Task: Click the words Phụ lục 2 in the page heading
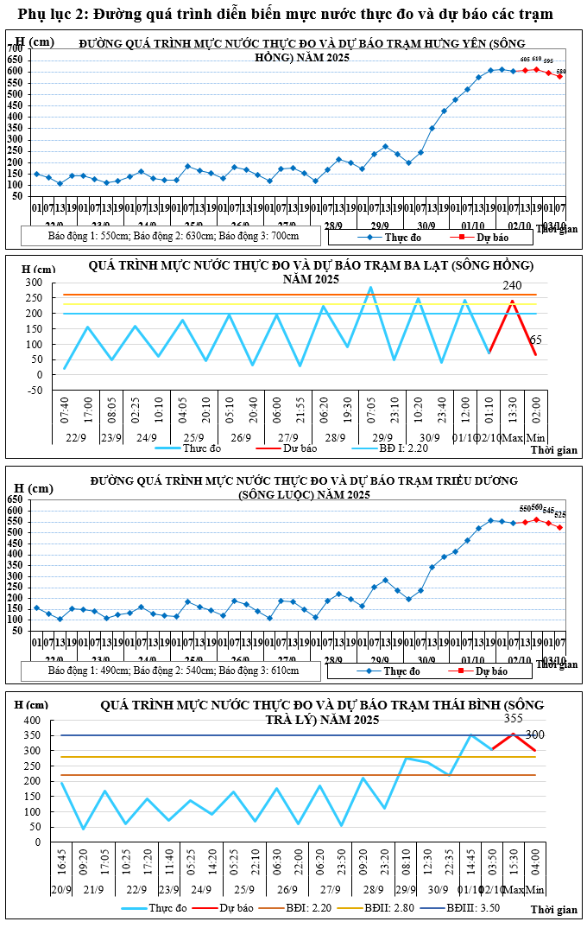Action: (52, 15)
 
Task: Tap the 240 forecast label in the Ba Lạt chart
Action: (514, 286)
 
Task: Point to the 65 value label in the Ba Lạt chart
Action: (536, 340)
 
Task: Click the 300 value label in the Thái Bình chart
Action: (535, 735)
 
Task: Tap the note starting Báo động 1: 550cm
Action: (174, 235)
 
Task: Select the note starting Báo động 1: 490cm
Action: (174, 671)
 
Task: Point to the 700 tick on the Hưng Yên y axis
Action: (16, 49)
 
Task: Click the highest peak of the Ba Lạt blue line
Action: (371, 288)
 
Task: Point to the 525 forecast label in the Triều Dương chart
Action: (560, 515)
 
